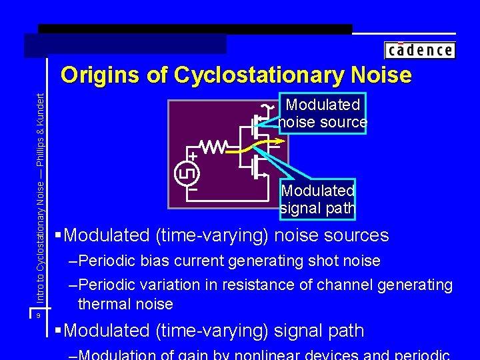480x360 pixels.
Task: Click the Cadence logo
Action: pos(419,50)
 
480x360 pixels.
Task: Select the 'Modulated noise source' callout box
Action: pos(323,113)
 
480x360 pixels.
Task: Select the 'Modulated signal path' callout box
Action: pos(317,199)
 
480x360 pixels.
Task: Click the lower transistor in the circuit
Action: pos(257,167)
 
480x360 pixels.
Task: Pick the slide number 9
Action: pos(39,315)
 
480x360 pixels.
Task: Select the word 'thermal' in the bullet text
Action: pos(101,304)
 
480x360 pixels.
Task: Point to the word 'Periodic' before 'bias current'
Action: pos(107,261)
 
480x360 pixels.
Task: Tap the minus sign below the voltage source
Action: pos(193,189)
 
